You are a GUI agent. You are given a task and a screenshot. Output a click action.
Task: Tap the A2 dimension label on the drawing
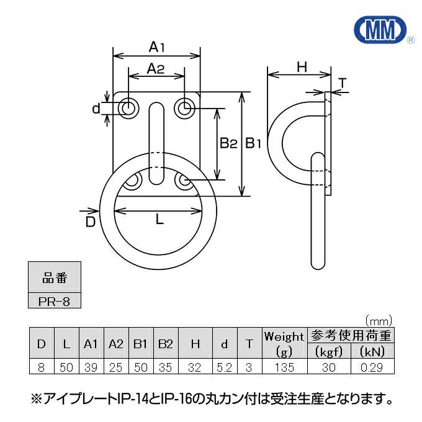[x=155, y=70]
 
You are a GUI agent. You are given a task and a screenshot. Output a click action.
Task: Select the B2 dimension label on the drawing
[x=228, y=144]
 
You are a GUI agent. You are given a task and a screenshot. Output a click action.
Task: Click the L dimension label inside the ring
[x=159, y=218]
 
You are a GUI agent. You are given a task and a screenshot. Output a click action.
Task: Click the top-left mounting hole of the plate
[x=129, y=109]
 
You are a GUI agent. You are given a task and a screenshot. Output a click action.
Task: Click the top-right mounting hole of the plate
[x=184, y=109]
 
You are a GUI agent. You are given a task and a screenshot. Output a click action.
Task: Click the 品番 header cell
[x=55, y=277]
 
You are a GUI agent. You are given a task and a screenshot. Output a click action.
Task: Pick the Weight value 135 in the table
[x=284, y=367]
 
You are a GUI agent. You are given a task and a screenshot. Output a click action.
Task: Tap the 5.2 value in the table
[x=224, y=367]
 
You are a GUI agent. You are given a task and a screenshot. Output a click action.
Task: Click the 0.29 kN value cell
[x=373, y=367]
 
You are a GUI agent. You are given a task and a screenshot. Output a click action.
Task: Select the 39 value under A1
[x=91, y=367]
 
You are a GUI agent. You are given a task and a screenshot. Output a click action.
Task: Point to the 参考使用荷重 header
[x=351, y=336]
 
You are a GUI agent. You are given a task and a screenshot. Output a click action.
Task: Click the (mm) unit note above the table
[x=379, y=321]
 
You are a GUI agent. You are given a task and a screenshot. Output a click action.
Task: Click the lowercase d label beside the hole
[x=96, y=109]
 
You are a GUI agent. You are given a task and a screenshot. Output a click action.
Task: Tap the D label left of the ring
[x=91, y=221]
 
